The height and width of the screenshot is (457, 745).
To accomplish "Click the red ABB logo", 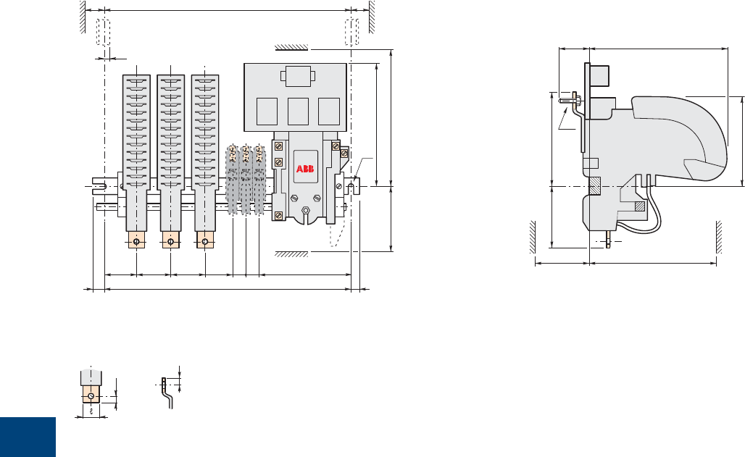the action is pos(305,169).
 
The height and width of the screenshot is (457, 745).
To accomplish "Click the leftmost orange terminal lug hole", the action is pos(136,242).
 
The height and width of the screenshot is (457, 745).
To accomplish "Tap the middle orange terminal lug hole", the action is pos(170,242).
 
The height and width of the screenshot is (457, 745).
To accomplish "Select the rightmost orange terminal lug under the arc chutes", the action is pos(205,240).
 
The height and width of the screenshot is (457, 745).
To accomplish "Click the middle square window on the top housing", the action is pos(298,112).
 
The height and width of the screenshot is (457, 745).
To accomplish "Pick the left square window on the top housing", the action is pos(267,112).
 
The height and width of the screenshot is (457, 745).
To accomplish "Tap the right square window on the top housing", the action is pos(329,112).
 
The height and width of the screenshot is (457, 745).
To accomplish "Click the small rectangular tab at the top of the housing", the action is pos(298,76).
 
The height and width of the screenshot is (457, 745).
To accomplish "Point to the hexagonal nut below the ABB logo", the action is pos(306,209).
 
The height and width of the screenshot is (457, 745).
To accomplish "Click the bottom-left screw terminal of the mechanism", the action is pos(279,216).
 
